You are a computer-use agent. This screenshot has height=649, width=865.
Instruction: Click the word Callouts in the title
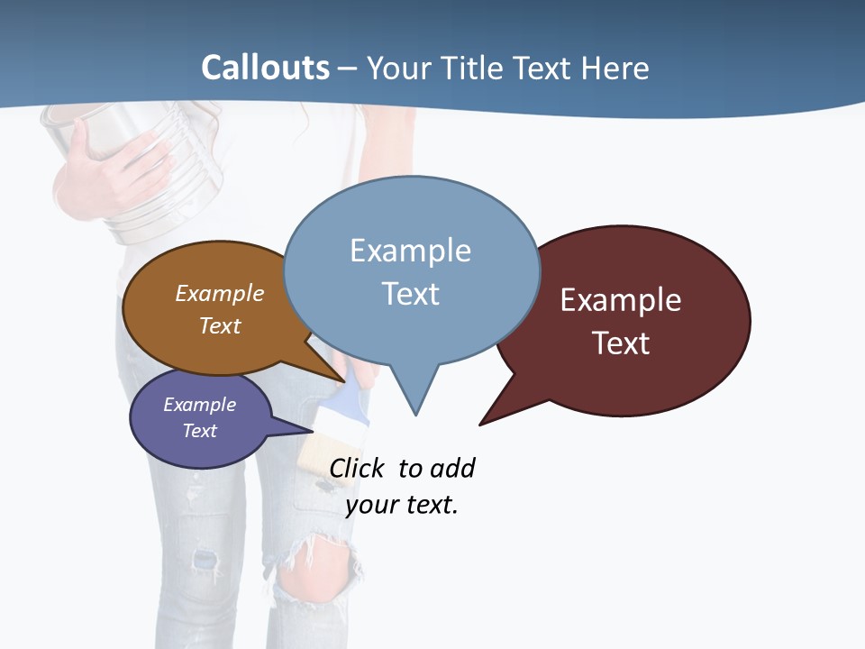(265, 68)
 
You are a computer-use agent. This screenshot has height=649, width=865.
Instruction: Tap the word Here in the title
(616, 69)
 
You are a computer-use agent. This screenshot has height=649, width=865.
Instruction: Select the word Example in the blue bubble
(410, 251)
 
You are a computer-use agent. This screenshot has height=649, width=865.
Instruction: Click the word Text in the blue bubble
(410, 294)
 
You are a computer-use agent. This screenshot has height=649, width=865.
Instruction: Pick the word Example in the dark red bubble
(621, 300)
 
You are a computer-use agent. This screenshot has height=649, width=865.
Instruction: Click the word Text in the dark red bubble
(621, 343)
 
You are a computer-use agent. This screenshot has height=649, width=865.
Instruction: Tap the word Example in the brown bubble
(220, 294)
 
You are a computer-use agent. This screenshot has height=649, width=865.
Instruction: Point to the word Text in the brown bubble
(220, 325)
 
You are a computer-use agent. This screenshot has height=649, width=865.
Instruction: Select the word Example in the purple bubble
(199, 405)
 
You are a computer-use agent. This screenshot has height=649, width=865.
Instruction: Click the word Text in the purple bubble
(199, 431)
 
